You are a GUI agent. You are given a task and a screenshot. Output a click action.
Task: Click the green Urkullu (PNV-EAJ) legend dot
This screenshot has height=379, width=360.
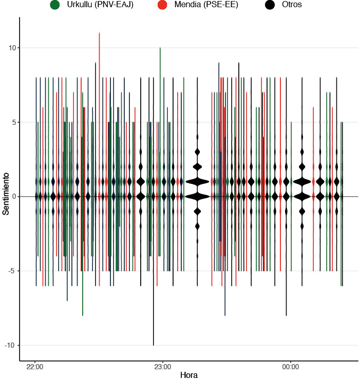tap(55, 5)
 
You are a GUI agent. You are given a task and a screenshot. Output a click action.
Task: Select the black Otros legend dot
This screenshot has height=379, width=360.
tap(270, 5)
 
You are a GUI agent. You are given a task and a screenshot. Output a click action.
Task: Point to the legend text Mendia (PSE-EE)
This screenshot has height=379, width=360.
tap(205, 5)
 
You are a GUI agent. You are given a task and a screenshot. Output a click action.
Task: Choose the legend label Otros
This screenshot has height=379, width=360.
tap(292, 5)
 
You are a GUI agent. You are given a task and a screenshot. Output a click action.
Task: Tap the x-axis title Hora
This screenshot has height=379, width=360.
tap(188, 375)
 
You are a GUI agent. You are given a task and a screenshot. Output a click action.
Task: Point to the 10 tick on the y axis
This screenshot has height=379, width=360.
tap(12, 48)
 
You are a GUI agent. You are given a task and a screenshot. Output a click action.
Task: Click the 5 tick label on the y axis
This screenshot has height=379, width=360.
tap(14, 122)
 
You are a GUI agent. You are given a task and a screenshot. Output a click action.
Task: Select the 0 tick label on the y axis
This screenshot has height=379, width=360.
tap(14, 197)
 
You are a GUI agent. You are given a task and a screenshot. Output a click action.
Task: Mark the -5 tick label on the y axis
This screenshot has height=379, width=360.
tap(13, 271)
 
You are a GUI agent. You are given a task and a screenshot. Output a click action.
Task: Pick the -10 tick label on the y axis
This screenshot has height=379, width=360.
tap(11, 345)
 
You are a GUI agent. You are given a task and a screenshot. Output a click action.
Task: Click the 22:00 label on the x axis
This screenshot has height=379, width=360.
tap(34, 367)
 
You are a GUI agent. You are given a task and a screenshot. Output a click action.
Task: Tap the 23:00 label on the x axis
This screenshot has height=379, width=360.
tap(162, 367)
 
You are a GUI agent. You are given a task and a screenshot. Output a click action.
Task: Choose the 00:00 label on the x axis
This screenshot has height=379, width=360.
tap(291, 367)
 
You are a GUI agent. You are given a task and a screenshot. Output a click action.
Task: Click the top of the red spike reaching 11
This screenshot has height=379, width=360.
tap(99, 33)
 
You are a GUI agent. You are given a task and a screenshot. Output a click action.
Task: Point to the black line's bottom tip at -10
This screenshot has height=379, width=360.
tap(153, 345)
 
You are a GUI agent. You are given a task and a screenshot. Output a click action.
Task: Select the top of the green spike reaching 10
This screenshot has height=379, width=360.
tap(160, 48)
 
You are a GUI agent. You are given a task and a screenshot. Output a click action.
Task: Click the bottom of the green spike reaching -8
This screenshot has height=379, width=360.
tap(83, 315)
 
